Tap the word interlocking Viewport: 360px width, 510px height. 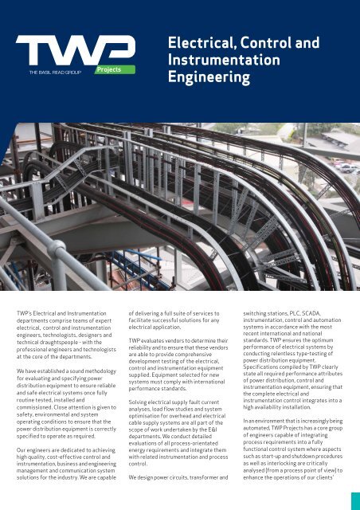coord(288,471)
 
